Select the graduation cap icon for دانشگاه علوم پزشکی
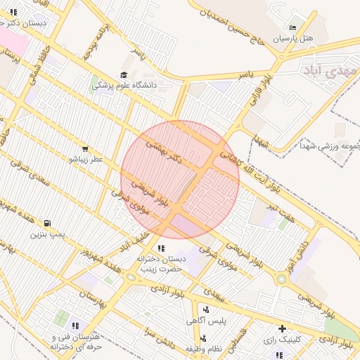[x=124, y=74]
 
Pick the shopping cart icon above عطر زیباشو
[x=85, y=149]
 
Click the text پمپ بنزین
[x=47, y=234]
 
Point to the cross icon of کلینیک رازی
[x=282, y=328]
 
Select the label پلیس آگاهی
[x=205, y=321]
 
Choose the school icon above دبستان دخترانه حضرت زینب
[x=161, y=248]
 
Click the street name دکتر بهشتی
[x=163, y=152]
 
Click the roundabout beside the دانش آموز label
[x=281, y=279]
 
